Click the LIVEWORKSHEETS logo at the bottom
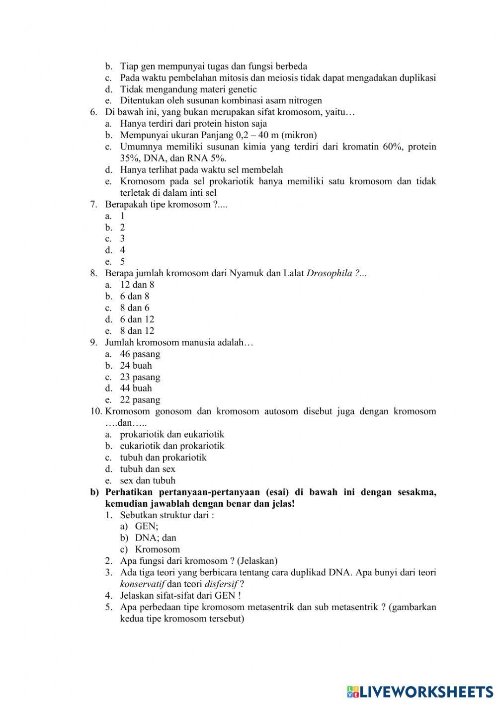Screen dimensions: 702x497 point(419,691)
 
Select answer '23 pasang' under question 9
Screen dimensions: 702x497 point(140,377)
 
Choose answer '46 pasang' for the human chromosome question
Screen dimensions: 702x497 point(140,354)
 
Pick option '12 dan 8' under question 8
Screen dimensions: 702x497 point(137,285)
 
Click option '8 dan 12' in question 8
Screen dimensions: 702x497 point(137,331)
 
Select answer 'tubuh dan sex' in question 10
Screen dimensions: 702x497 point(147,469)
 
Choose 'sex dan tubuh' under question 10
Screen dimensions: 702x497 point(147,480)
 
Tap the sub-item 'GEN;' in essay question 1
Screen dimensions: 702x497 point(147,526)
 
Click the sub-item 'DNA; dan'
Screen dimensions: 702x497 point(155,538)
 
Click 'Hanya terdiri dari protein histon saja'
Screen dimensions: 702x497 point(193,124)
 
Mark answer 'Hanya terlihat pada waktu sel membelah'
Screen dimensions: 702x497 point(201,170)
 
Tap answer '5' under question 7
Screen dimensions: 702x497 point(122,262)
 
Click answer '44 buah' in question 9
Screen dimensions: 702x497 point(136,389)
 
